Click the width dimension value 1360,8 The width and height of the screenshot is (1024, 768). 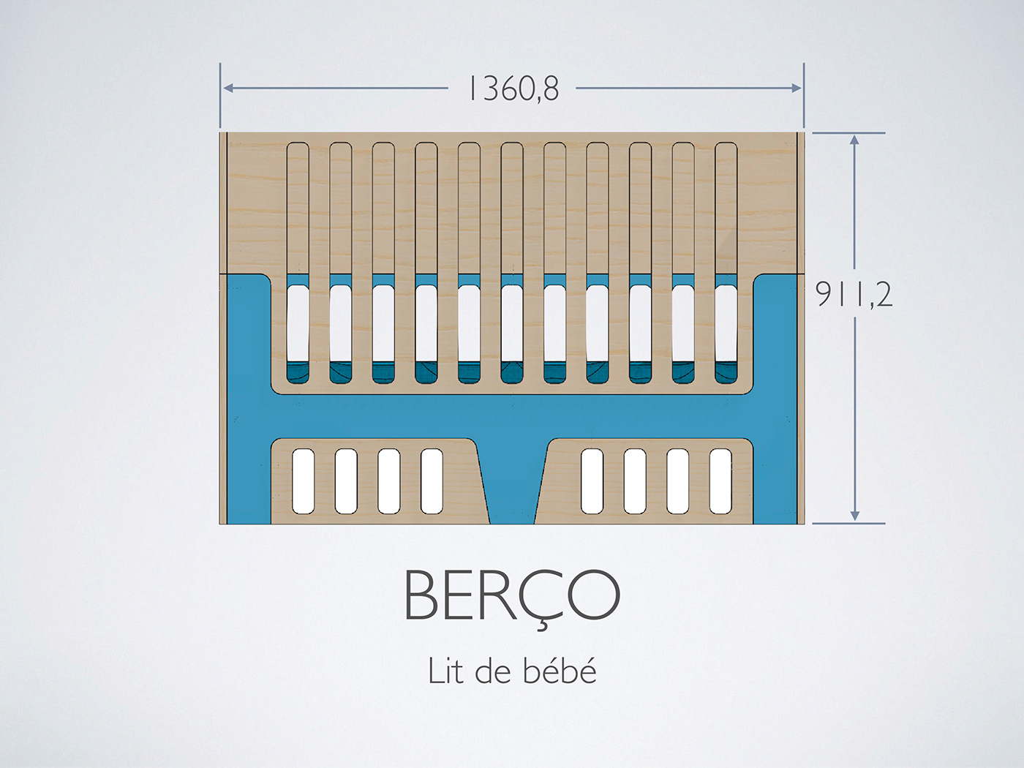pyautogui.click(x=513, y=89)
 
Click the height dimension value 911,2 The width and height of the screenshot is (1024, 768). pyautogui.click(x=854, y=295)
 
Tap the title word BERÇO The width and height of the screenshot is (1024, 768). pyautogui.click(x=511, y=595)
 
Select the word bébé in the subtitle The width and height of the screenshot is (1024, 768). pyautogui.click(x=560, y=671)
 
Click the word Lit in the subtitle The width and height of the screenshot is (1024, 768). pyautogui.click(x=445, y=671)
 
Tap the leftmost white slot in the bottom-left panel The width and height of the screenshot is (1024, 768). pyautogui.click(x=304, y=481)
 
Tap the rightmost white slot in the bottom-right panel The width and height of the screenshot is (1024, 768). pyautogui.click(x=720, y=481)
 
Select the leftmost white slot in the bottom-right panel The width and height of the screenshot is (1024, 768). pyautogui.click(x=592, y=481)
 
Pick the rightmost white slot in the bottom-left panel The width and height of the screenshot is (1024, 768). pyautogui.click(x=432, y=481)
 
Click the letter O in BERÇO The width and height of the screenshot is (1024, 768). pyautogui.click(x=589, y=594)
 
